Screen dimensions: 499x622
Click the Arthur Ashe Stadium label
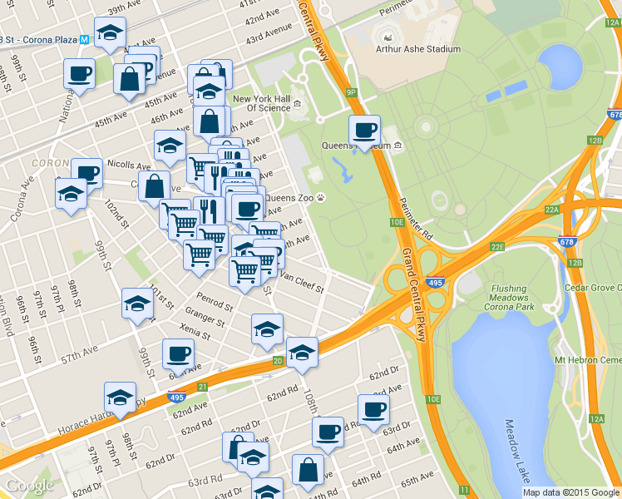(419, 49)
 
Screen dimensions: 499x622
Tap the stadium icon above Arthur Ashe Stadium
(387, 36)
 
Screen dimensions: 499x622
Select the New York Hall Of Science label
(262, 103)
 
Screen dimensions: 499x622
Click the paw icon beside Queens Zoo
(321, 198)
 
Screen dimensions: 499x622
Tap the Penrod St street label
(211, 297)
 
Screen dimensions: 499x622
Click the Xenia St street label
(195, 332)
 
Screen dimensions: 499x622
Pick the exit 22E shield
(497, 247)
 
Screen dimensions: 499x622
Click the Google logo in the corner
(29, 486)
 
